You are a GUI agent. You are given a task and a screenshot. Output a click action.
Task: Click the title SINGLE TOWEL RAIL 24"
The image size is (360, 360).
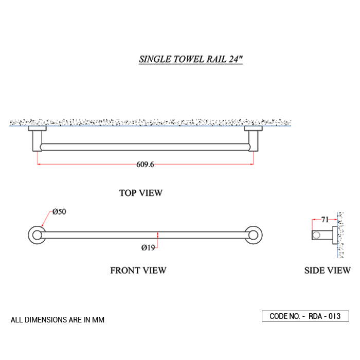(x=191, y=59)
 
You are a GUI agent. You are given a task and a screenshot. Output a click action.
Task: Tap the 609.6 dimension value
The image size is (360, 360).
(x=145, y=165)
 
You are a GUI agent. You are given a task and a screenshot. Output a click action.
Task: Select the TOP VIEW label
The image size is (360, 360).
(x=141, y=193)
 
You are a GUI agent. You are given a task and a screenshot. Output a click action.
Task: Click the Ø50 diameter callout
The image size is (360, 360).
(x=59, y=211)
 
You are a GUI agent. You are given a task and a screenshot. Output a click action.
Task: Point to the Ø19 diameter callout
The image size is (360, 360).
(x=148, y=248)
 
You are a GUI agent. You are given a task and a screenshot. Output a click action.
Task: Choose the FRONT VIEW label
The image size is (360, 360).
(x=138, y=271)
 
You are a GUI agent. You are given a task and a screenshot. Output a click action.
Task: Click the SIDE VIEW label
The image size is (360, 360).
(x=328, y=271)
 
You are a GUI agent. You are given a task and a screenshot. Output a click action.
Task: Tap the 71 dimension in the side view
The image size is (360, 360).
(x=325, y=220)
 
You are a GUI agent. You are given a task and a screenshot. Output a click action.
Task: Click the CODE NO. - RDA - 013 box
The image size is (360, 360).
(x=305, y=316)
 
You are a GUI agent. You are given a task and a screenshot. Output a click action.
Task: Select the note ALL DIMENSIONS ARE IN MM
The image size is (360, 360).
(x=58, y=320)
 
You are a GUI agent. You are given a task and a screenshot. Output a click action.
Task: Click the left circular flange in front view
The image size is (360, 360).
(x=37, y=235)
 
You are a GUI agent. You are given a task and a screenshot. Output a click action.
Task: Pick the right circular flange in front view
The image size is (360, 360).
(x=254, y=235)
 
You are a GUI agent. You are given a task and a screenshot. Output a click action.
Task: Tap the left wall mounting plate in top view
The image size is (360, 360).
(x=37, y=129)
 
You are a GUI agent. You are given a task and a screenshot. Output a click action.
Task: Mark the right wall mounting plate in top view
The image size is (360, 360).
(x=253, y=129)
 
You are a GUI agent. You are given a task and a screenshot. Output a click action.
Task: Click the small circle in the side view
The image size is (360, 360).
(x=316, y=235)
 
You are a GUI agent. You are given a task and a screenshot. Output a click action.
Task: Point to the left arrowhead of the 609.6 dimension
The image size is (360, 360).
(x=39, y=164)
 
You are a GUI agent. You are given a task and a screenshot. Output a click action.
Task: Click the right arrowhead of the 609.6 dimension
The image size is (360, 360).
(x=252, y=164)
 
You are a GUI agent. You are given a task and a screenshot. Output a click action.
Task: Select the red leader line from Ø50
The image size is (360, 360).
(x=47, y=219)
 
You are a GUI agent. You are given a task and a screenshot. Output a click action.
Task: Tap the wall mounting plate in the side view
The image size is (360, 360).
(x=335, y=235)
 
